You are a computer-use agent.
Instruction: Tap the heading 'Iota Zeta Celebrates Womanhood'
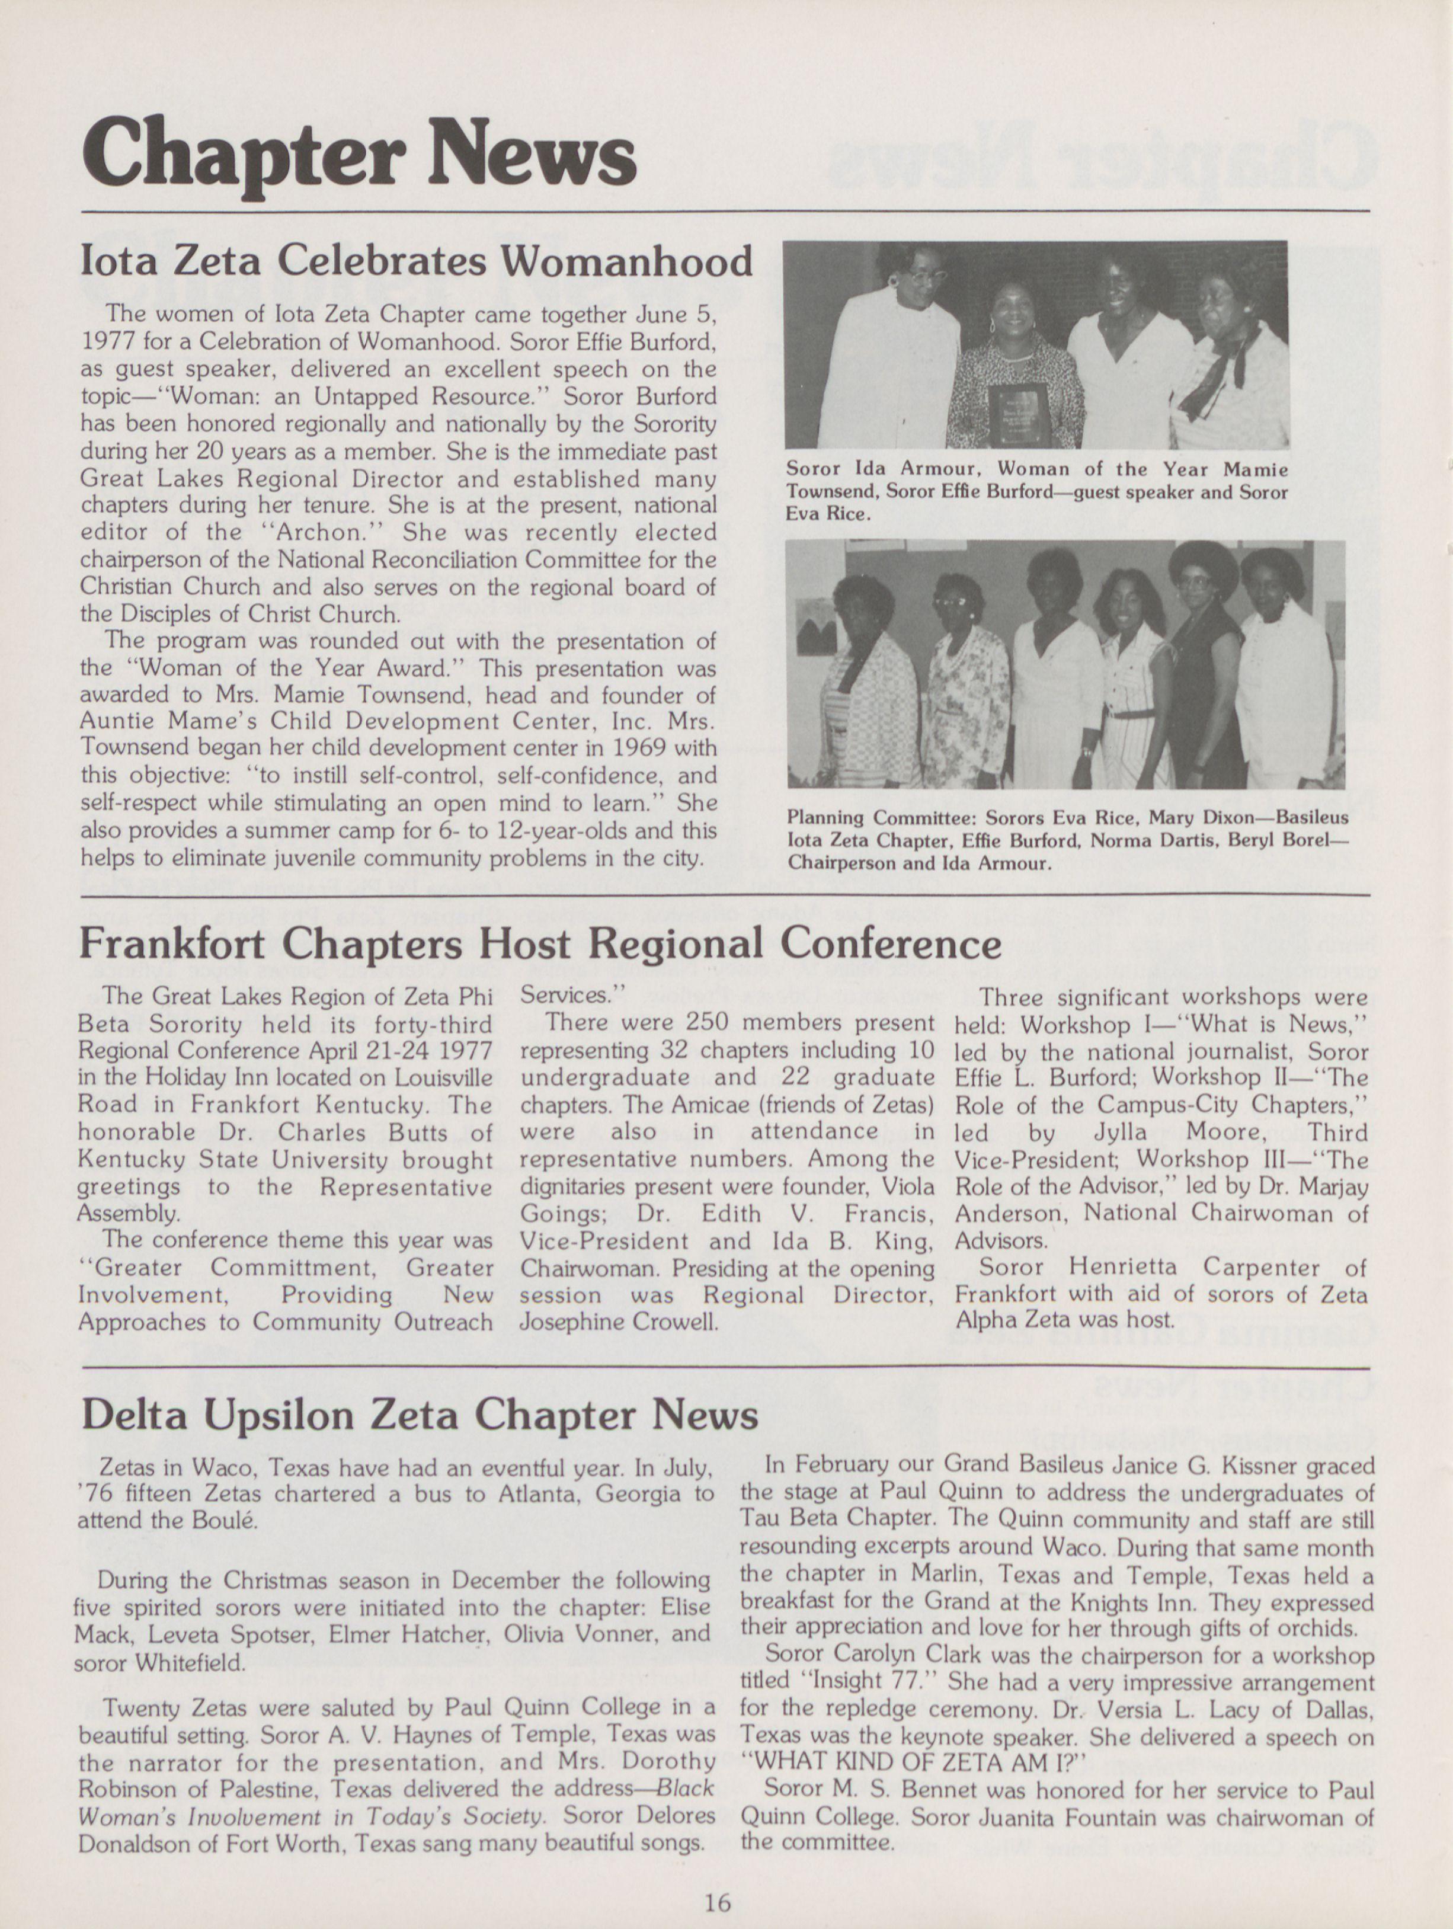click(416, 261)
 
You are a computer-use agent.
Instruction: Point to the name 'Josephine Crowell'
click(618, 1321)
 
